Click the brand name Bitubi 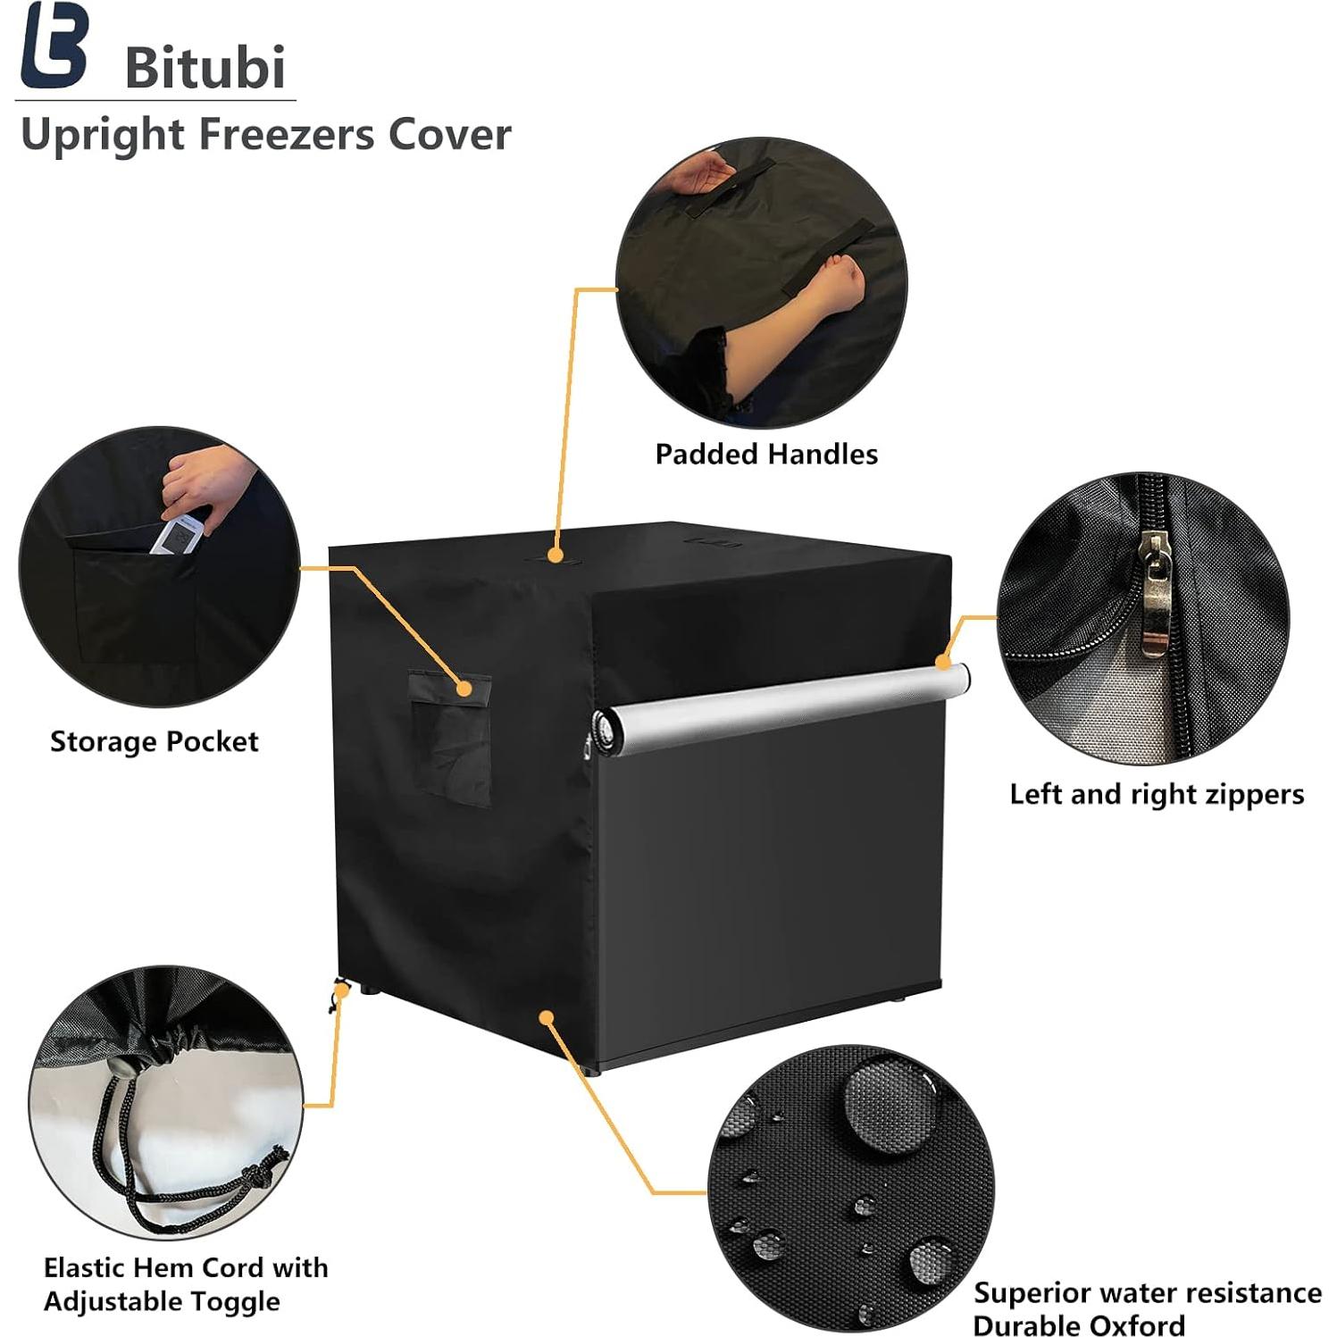pos(205,67)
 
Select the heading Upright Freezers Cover pos(265,135)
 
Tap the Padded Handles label pos(766,454)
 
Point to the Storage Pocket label pos(154,741)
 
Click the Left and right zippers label pos(1157,794)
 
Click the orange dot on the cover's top pos(556,556)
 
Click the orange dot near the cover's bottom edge pos(547,1017)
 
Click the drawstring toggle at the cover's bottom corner pos(339,989)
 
